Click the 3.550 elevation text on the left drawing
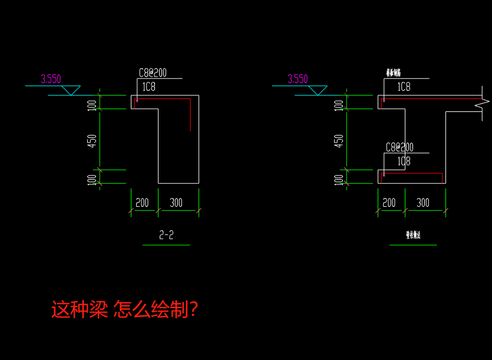(51, 79)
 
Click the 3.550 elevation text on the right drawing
(298, 79)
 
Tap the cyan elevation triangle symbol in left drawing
(71, 90)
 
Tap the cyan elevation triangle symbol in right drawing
(318, 90)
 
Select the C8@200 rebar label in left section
(153, 72)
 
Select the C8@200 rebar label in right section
(399, 147)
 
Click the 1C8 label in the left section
(148, 87)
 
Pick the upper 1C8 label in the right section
(404, 87)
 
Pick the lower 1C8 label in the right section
(404, 161)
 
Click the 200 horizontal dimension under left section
(142, 203)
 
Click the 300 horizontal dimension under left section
(176, 203)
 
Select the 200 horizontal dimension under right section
(389, 203)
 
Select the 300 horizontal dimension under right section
(422, 203)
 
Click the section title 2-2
(166, 235)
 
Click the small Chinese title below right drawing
(412, 235)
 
